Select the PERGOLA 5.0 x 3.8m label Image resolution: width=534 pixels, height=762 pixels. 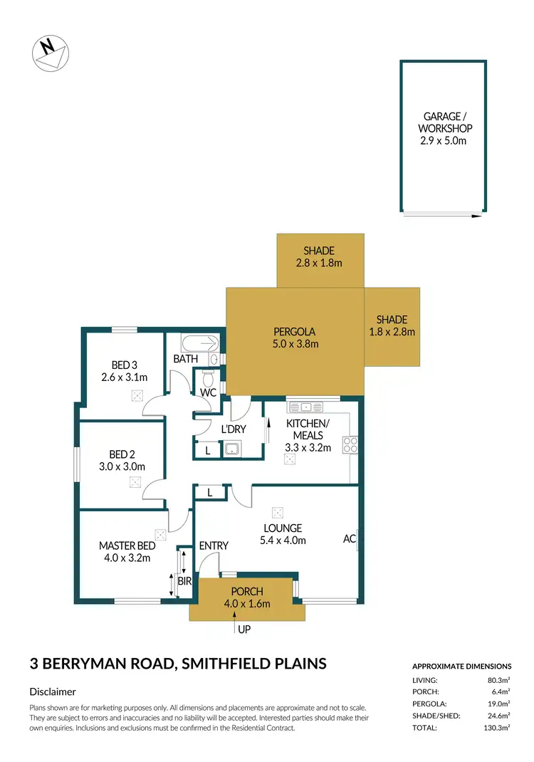[x=294, y=338]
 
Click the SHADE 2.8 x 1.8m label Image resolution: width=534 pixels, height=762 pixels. [x=318, y=256]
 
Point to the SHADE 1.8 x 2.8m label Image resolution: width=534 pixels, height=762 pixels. [x=392, y=325]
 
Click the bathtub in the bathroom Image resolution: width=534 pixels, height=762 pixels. [x=200, y=344]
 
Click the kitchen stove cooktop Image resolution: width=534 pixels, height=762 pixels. [x=350, y=445]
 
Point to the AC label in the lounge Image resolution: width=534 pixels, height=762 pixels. [x=349, y=539]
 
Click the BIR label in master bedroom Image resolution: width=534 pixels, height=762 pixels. [x=184, y=582]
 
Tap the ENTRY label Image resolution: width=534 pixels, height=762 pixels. [x=214, y=546]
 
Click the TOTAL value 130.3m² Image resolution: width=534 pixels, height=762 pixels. [x=498, y=729]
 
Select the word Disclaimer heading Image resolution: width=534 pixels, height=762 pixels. [x=53, y=691]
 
